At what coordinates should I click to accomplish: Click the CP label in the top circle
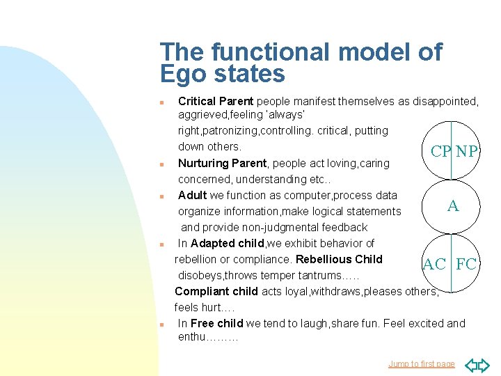pos(441,152)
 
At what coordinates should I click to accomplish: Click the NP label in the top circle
pos(467,152)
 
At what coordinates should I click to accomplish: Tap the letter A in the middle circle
pos(453,205)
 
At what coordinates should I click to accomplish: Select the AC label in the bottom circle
pos(435,264)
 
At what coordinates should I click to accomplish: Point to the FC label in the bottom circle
pos(466,264)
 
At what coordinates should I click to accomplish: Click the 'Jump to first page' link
pos(422,363)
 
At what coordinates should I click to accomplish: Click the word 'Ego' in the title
pos(182,74)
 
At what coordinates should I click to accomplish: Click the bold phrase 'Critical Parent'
pos(216,102)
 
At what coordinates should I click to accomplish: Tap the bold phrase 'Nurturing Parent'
pos(222,163)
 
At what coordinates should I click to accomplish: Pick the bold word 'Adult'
pos(193,195)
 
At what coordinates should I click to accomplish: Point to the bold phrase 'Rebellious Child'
pos(339,259)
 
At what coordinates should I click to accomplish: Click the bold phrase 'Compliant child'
pos(216,291)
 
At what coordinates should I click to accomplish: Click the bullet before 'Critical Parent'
pos(161,102)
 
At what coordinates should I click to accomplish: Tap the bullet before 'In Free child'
pos(161,324)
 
